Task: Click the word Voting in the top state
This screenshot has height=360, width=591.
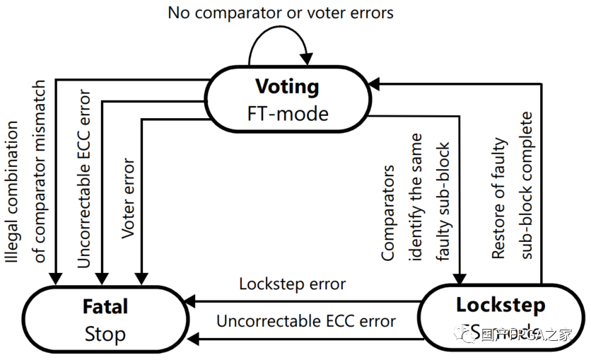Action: click(287, 86)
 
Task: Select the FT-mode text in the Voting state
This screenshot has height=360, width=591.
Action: click(287, 113)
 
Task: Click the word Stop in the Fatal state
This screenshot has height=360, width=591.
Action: click(105, 333)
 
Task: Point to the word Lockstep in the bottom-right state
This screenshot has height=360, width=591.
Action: click(501, 305)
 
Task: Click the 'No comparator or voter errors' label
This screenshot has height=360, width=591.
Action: click(280, 12)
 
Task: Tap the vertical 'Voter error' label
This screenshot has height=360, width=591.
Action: click(129, 199)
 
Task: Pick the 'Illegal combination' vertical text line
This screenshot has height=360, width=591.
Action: click(12, 192)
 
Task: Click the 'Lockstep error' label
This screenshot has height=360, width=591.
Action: click(292, 284)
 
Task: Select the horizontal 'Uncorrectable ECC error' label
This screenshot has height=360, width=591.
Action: click(306, 320)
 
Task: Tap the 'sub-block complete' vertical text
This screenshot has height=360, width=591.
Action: click(525, 185)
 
